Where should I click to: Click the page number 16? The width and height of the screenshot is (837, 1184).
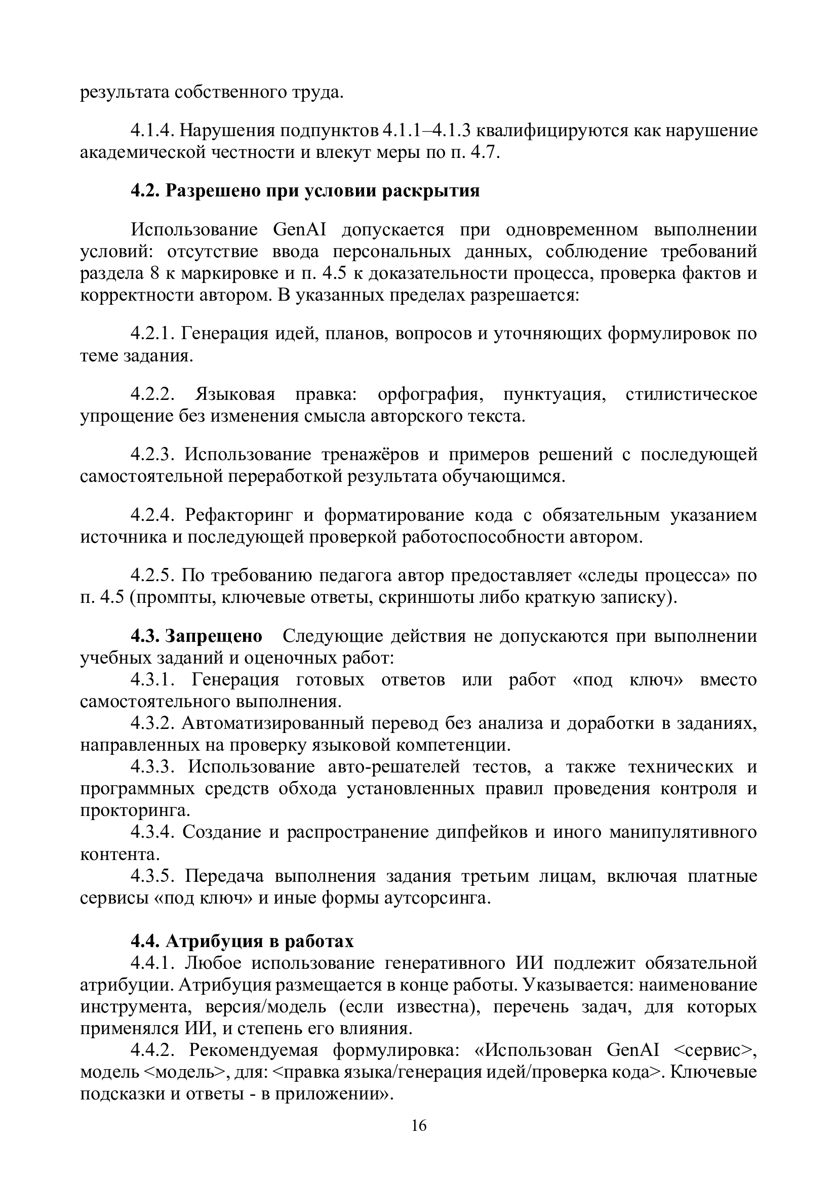tap(419, 1125)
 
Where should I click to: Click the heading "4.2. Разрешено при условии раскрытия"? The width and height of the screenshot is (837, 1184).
tap(305, 191)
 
